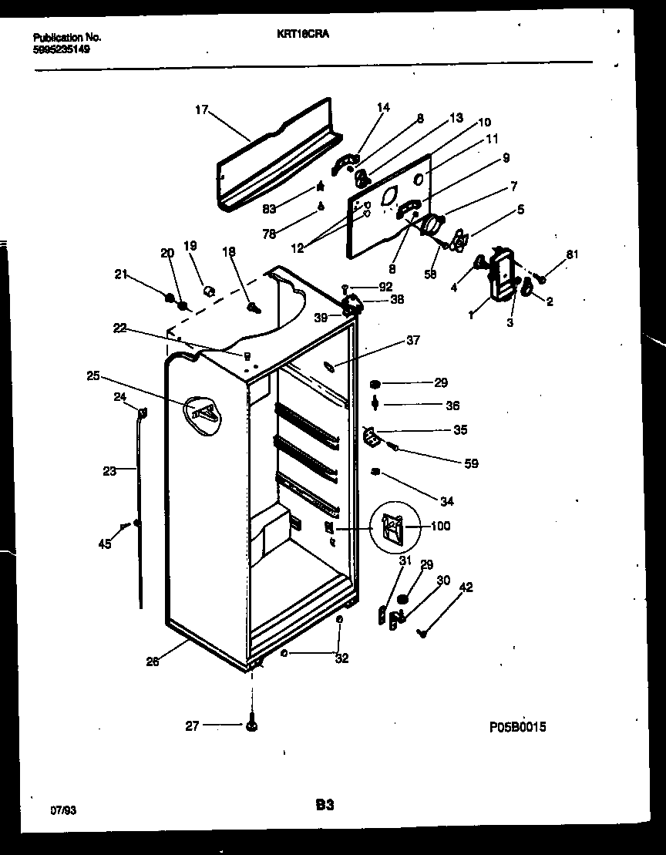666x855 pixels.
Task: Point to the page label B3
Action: [324, 805]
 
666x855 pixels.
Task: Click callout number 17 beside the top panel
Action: [201, 110]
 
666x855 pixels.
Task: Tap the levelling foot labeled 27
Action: [253, 725]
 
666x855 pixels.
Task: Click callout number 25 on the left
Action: [93, 376]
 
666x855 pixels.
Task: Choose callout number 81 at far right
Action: [571, 254]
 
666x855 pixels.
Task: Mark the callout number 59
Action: [470, 463]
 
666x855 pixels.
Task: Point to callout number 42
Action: [466, 588]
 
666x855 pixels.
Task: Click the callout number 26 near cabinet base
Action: [153, 661]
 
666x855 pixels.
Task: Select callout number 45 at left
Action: [104, 544]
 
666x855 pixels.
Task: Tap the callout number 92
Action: [374, 287]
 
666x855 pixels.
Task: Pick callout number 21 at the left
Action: [119, 273]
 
